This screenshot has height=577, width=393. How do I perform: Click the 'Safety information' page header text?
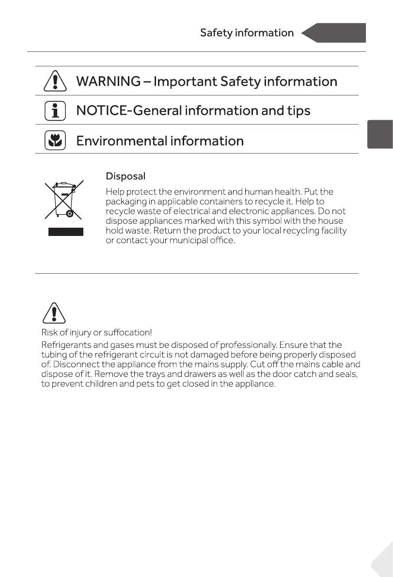point(247,33)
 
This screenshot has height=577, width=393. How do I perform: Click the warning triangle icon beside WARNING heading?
point(55,81)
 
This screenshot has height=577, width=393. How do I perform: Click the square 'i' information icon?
point(55,111)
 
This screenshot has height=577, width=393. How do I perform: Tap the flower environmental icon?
point(55,140)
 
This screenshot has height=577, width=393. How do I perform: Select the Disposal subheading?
point(126,176)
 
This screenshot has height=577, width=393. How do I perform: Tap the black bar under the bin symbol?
point(65,231)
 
